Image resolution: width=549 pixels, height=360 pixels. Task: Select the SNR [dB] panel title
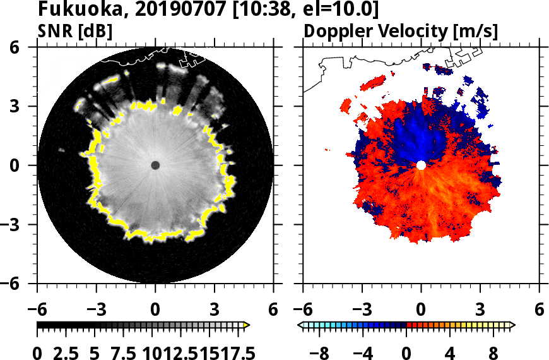coord(76,31)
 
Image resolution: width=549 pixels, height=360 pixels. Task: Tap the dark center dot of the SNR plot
coord(155,165)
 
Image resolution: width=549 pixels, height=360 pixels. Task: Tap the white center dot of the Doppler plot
coord(421,165)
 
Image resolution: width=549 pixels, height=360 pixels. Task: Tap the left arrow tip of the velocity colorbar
coord(300,325)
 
